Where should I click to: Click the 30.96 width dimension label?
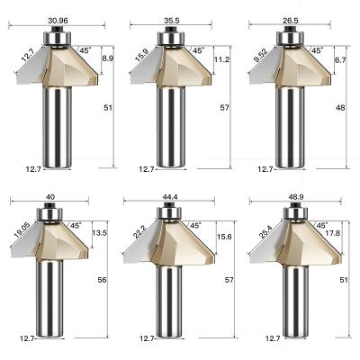58,21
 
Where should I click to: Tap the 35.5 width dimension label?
172,21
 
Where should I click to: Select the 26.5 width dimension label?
290,21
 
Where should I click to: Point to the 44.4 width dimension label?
170,197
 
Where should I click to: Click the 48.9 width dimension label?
296,197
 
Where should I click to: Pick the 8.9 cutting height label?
108,58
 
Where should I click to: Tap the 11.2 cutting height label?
221,59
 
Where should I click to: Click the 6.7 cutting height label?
340,59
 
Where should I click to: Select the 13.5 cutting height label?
99,233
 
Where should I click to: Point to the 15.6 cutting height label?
224,237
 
